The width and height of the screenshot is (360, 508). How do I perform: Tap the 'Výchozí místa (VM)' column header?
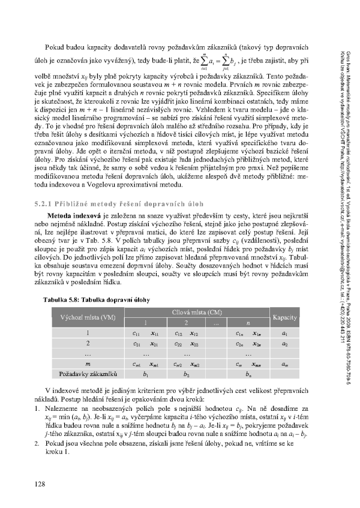tap(84, 316)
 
